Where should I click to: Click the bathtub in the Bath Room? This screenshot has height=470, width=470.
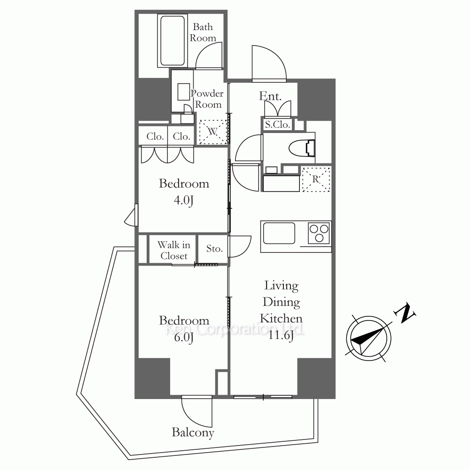[172, 41]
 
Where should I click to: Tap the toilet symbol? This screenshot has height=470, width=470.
[302, 148]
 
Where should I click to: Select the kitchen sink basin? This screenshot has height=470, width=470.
[279, 234]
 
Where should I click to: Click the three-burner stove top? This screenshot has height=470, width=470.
[319, 233]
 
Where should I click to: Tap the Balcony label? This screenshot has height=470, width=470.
[193, 432]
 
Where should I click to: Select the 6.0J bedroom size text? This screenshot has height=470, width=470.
[184, 337]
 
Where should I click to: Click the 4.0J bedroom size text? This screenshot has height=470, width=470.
[184, 200]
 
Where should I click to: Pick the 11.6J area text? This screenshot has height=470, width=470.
[281, 335]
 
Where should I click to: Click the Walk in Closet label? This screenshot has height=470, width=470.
[174, 251]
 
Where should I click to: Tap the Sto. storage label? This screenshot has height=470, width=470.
[214, 249]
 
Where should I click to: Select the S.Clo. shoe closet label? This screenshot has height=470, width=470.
[278, 125]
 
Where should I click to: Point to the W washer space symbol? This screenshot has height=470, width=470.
[213, 132]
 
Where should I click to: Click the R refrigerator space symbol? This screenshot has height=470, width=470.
[316, 179]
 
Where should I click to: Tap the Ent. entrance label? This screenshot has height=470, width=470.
[270, 96]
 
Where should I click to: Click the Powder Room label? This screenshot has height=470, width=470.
[207, 99]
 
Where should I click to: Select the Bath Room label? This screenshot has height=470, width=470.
[203, 32]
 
